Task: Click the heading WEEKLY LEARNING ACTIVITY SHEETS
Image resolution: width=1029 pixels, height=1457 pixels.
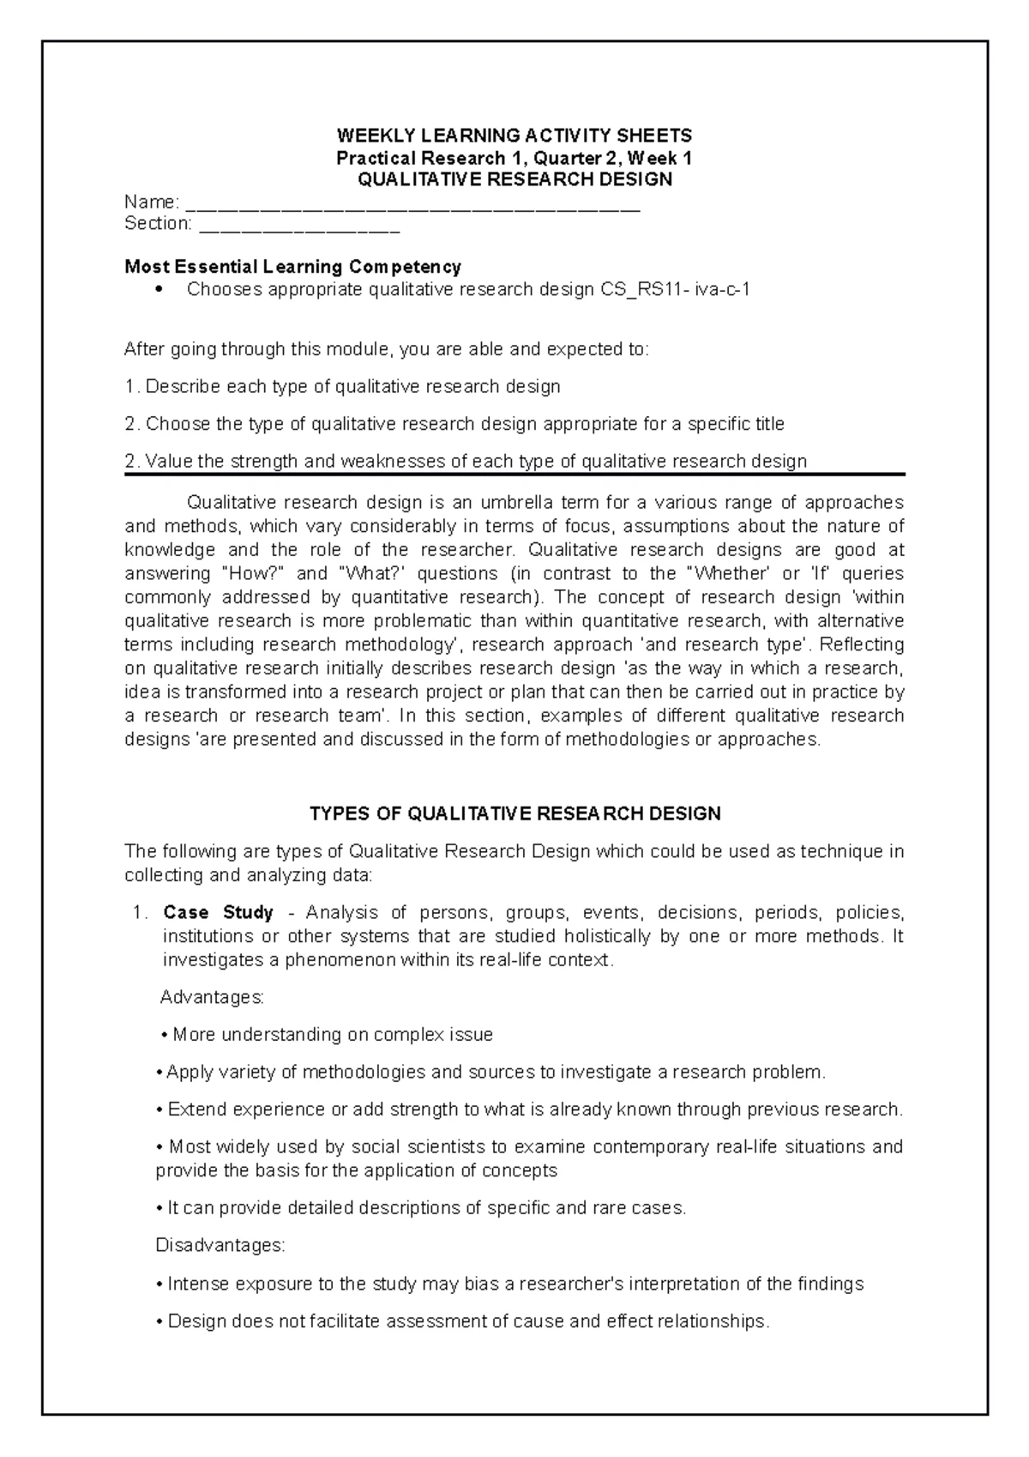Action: click(514, 136)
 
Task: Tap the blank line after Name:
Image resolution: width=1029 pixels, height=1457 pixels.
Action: click(412, 207)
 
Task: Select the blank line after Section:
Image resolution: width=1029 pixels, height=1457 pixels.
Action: click(299, 228)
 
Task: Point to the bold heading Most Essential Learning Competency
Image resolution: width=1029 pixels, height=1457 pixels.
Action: click(292, 267)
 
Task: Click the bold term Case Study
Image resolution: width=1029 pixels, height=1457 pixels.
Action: click(218, 912)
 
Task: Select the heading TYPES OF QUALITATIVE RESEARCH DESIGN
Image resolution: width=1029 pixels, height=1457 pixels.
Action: click(514, 813)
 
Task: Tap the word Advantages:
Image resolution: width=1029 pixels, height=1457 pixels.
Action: click(213, 997)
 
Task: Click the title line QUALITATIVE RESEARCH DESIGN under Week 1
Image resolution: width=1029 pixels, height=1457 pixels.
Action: click(514, 180)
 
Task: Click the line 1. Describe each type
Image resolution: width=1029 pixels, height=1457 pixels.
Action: click(342, 386)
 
